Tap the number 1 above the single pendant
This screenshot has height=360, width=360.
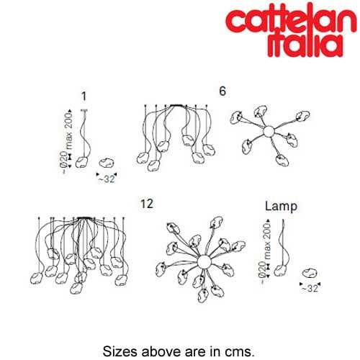84,96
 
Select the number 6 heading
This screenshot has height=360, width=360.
222,91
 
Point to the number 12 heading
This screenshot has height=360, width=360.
147,204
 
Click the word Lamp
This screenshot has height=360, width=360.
281,206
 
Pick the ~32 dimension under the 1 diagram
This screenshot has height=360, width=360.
107,179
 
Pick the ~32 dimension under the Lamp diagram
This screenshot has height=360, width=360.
310,288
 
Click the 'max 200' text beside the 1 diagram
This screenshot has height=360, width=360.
68,131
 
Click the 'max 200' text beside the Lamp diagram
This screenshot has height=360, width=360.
266,240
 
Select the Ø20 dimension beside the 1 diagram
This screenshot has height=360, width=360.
64,159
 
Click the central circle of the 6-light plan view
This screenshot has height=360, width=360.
269,132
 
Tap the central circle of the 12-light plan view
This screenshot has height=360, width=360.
204,262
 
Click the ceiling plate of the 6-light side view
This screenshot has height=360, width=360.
176,105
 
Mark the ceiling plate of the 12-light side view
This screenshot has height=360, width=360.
84,218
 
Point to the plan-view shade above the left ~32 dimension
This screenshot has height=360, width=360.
107,163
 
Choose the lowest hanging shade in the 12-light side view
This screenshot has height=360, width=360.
76,288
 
